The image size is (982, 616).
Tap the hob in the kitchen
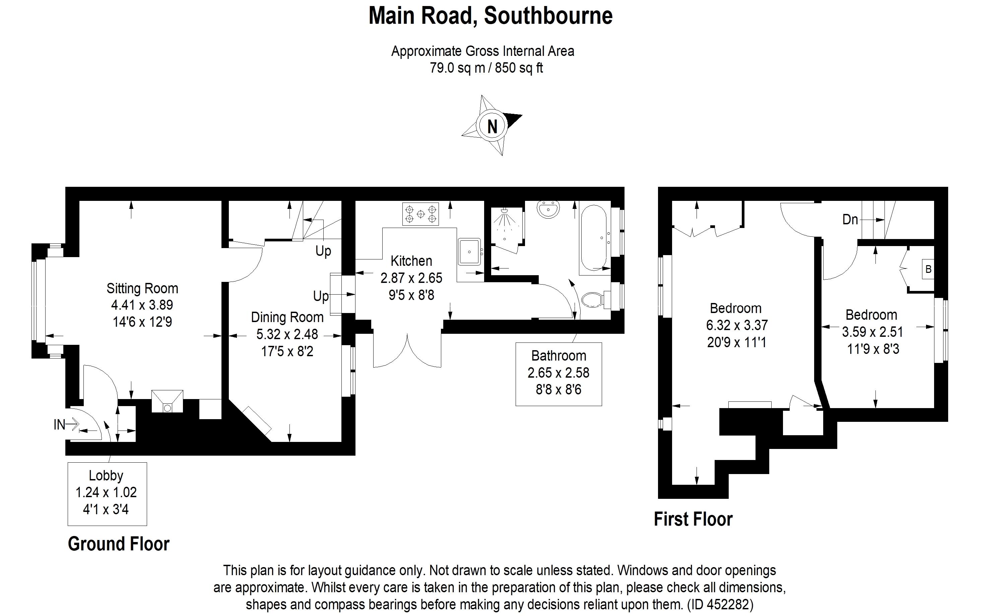pyautogui.click(x=420, y=214)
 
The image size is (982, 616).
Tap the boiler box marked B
pyautogui.click(x=928, y=269)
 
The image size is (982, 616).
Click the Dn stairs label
pyautogui.click(x=850, y=220)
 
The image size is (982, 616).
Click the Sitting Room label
pyautogui.click(x=142, y=289)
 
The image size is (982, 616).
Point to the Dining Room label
pyautogui.click(x=287, y=317)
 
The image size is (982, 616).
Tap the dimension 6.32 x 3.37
pyautogui.click(x=737, y=325)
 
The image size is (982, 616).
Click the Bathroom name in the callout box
pyautogui.click(x=559, y=356)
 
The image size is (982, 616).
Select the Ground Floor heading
pyautogui.click(x=118, y=544)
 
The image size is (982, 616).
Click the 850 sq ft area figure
pyautogui.click(x=519, y=68)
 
